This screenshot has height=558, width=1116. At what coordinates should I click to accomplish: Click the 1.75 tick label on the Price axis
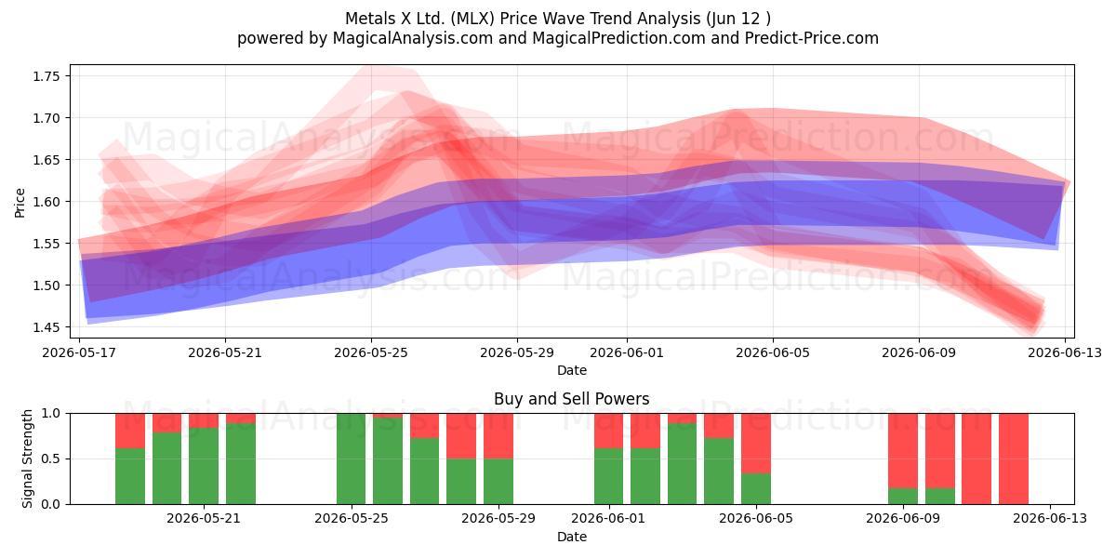(46, 76)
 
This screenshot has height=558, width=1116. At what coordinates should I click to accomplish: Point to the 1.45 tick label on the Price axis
(46, 327)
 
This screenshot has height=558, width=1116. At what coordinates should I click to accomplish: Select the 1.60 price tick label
(46, 202)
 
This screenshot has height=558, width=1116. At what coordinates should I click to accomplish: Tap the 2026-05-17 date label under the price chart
(79, 353)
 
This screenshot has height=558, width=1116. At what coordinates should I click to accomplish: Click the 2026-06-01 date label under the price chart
(627, 353)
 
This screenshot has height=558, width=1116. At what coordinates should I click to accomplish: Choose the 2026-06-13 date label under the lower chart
(1050, 519)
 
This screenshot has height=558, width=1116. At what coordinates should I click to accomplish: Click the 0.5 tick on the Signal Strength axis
(50, 458)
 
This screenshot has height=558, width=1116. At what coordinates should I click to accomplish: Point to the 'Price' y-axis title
(20, 203)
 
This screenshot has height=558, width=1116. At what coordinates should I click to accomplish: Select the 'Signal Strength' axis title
(27, 458)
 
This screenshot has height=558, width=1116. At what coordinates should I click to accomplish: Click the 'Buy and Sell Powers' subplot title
(571, 399)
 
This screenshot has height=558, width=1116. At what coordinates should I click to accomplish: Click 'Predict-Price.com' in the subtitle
(812, 38)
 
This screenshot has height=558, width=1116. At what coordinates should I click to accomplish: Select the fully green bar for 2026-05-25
(352, 458)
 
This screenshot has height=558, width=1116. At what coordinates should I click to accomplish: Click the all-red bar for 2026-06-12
(1014, 458)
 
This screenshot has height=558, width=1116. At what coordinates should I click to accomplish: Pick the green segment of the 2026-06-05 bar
(756, 489)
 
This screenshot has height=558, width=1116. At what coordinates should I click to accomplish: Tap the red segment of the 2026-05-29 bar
(498, 436)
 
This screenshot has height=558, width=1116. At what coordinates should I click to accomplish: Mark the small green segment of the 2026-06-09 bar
(903, 497)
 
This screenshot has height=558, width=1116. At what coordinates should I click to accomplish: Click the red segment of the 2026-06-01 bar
(608, 431)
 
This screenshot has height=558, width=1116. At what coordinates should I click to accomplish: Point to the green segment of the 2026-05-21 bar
(204, 466)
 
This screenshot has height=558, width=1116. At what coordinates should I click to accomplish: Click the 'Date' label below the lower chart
(571, 537)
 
